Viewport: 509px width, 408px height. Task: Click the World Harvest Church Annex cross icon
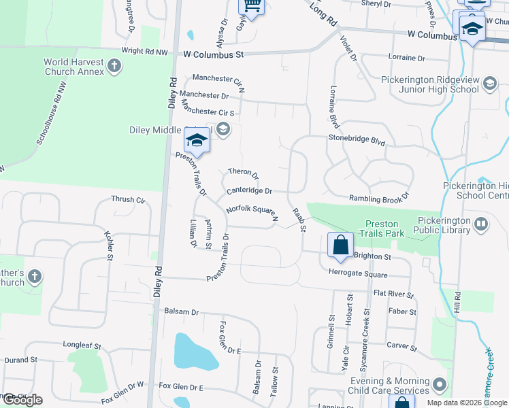[x=114, y=67]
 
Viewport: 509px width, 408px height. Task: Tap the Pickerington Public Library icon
[x=482, y=223]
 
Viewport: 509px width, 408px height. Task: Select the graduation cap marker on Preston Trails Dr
[x=197, y=141]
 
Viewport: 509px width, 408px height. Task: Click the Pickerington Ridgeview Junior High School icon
[x=489, y=84]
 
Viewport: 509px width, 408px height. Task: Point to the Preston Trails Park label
[x=386, y=228]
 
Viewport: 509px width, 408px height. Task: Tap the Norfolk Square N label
[x=252, y=214]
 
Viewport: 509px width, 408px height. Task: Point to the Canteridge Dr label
[x=249, y=191]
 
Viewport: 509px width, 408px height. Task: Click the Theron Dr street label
[x=244, y=173]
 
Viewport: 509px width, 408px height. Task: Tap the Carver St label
[x=401, y=345]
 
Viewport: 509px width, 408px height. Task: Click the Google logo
[x=22, y=400]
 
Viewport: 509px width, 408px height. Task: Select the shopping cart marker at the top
[x=252, y=7]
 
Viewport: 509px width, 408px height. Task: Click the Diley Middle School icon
[x=223, y=129]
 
